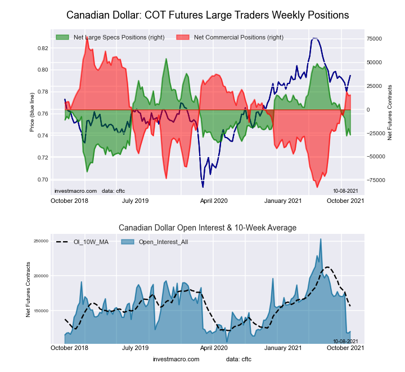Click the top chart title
point(208,14)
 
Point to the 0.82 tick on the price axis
point(42,48)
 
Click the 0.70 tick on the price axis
point(42,180)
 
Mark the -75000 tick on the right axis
point(373,180)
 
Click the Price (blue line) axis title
point(32,113)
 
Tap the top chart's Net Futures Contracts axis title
point(389,113)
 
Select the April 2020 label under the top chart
point(214,201)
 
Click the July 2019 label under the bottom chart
point(135,348)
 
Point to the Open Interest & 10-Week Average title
point(208,227)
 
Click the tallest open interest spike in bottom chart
point(321,240)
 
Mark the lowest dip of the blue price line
point(202,187)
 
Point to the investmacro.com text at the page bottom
point(176,359)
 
